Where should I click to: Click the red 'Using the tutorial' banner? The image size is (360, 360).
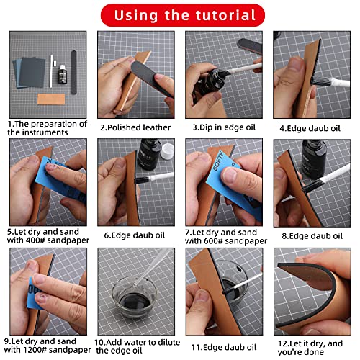[x=183, y=15]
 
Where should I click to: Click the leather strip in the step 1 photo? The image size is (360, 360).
[x=51, y=99]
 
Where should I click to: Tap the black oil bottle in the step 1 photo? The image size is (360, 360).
[x=62, y=74]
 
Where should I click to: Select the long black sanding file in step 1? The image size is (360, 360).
[x=73, y=72]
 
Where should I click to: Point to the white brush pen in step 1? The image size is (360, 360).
[x=51, y=71]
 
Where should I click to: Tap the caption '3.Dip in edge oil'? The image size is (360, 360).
[x=224, y=127]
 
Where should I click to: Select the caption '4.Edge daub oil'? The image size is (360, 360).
[x=310, y=128]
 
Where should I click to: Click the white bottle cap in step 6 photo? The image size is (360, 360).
[x=167, y=151]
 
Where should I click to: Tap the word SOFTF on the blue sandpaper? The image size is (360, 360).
[x=218, y=162]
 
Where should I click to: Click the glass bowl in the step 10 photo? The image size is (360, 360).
[x=135, y=297]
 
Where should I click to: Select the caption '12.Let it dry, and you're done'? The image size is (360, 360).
[x=310, y=348]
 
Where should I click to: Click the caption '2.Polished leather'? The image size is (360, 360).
[x=135, y=127]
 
